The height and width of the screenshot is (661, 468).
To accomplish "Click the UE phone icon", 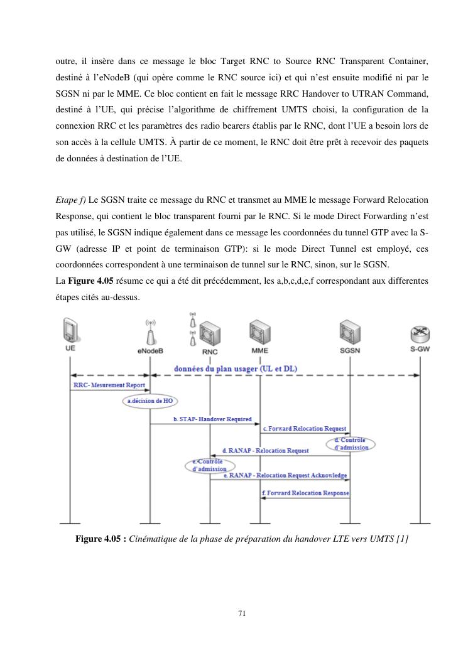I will pos(70,330).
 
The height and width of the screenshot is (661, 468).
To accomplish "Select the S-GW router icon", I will pos(419,333).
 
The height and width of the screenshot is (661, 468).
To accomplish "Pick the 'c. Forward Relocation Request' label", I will pos(304,428).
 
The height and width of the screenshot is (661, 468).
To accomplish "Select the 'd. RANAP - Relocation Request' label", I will pos(266,451).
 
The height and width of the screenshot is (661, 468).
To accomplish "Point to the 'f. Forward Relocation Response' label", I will pos(305,493).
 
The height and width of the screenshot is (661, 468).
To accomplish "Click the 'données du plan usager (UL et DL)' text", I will pos(236,368).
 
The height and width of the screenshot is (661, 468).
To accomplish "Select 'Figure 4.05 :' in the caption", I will pos(101,539).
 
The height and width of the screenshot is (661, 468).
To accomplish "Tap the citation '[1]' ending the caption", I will pos(403,539).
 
